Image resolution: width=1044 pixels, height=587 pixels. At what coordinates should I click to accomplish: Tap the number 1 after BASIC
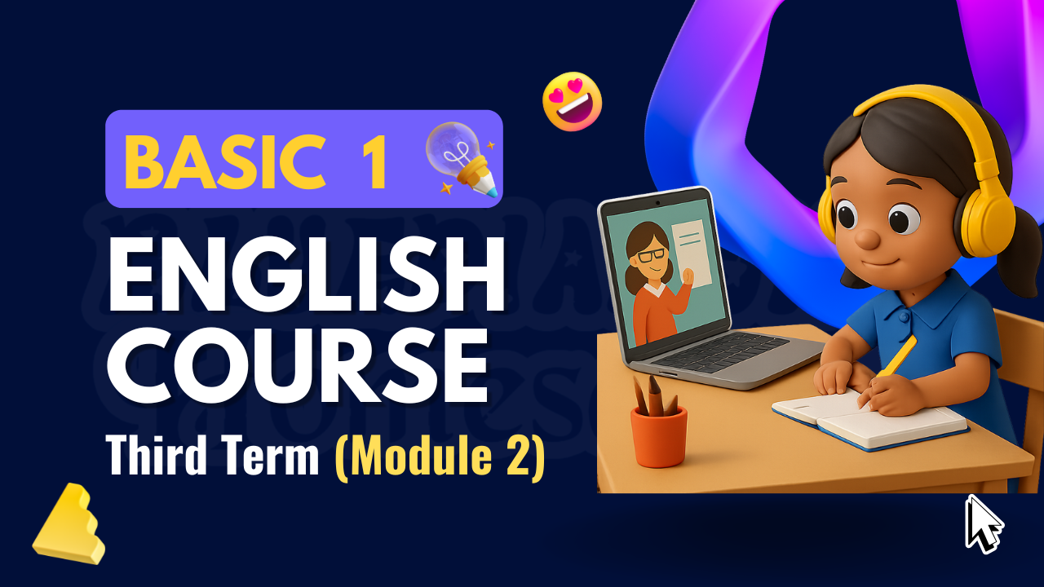[x=373, y=161]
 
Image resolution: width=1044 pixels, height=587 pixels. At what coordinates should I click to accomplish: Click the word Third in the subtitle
[x=158, y=457]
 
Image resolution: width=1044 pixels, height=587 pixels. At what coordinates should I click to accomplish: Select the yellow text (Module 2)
[x=440, y=457]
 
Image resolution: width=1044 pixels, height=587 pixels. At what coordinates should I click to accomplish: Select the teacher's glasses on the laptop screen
[x=650, y=254]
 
